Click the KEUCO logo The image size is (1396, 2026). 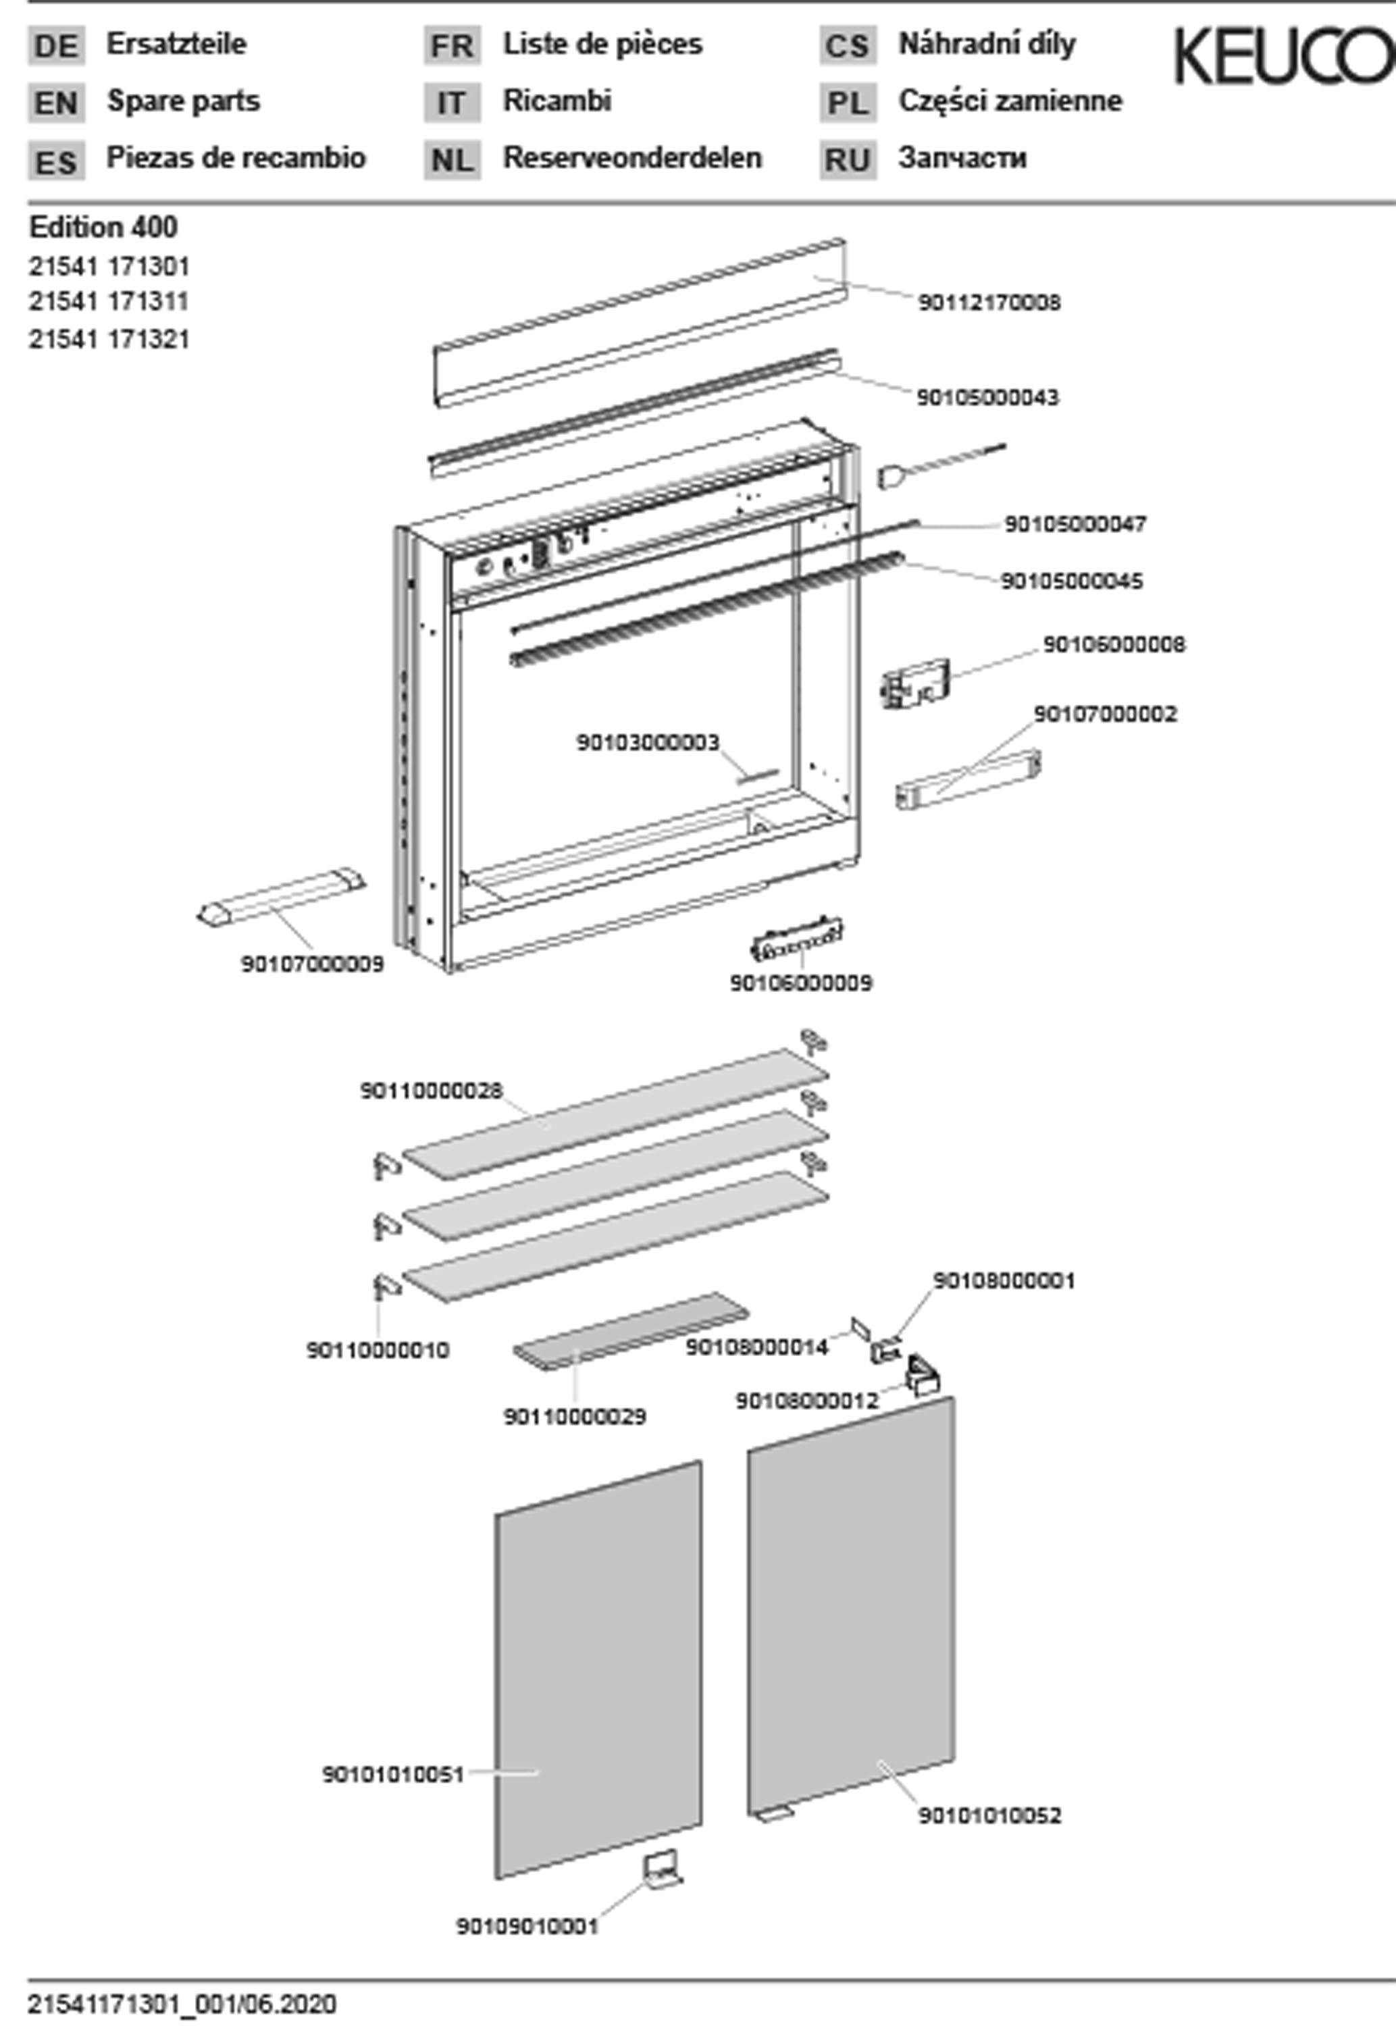pos(1283,57)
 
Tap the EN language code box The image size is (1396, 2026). pos(56,103)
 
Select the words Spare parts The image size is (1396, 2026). pos(183,101)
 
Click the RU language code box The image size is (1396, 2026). pos(847,161)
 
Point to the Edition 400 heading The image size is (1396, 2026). pos(103,228)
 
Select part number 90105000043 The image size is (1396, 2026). pos(987,398)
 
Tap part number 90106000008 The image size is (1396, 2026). pos(1114,644)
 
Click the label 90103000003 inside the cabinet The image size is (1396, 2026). pos(647,742)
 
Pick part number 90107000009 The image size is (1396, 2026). pos(312,964)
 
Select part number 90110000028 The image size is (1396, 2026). pos(431,1091)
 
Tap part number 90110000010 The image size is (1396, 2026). pos(377,1350)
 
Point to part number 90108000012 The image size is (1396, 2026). pos(806,1401)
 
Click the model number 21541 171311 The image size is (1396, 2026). pos(109,302)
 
